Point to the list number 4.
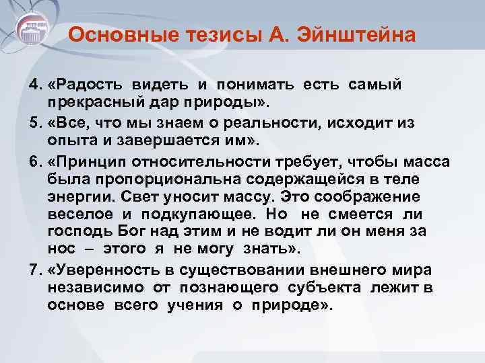[x=34, y=86]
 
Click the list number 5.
[x=34, y=124]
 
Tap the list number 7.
[x=34, y=270]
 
